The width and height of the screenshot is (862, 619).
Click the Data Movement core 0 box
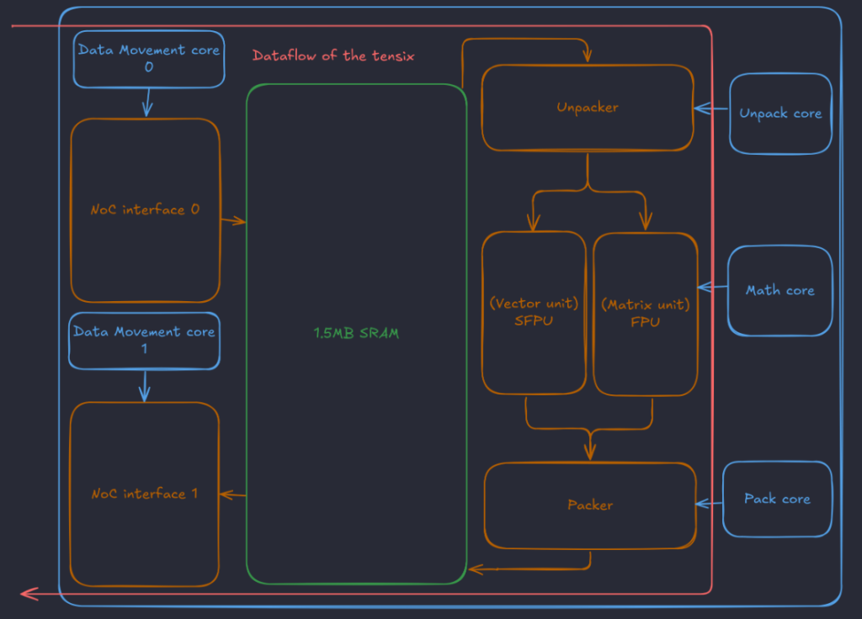149,59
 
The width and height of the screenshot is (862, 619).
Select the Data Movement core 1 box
144,341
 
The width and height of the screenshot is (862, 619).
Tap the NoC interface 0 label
145,209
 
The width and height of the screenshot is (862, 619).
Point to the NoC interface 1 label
145,493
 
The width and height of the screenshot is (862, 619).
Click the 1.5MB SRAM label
356,333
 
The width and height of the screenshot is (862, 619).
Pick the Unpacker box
587,108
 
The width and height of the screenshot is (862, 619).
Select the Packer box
590,505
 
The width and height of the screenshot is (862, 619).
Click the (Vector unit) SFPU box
534,312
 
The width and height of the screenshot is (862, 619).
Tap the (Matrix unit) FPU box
646,314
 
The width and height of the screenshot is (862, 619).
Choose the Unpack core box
780,114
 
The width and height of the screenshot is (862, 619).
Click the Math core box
780,290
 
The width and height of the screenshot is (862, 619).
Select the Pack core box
777,499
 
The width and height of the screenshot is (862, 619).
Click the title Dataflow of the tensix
333,56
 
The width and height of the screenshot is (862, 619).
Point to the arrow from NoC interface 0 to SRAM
233,221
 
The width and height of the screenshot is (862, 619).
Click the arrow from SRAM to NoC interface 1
233,495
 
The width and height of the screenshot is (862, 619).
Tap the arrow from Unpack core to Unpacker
711,108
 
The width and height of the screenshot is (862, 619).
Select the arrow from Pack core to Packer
709,504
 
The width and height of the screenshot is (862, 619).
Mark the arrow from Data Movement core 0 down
147,103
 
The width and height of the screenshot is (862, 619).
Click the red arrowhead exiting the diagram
29,593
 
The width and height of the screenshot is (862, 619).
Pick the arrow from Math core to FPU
712,287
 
